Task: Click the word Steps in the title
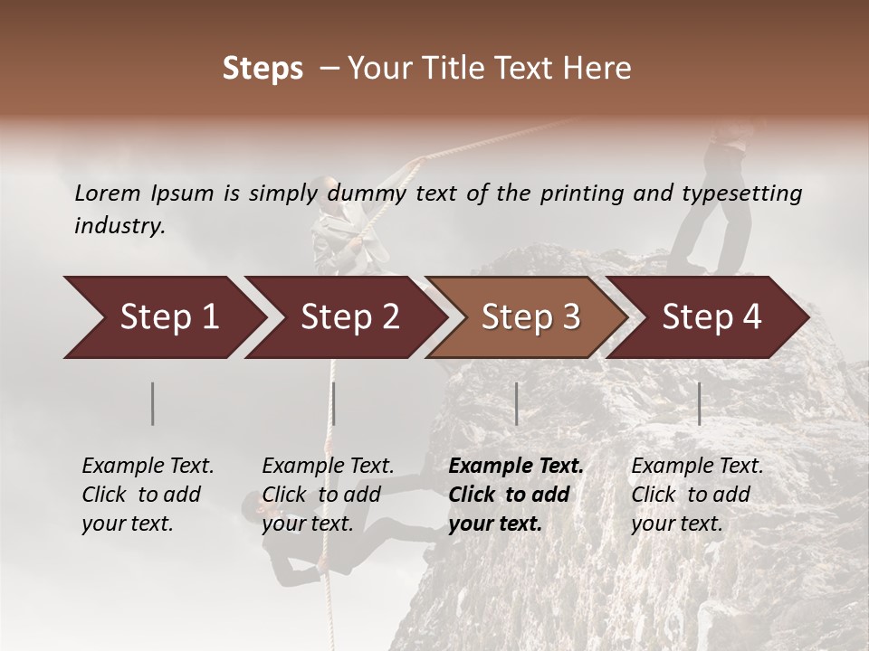(x=263, y=70)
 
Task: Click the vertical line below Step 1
(x=153, y=403)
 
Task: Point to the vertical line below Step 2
(x=334, y=403)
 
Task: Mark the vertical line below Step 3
(x=516, y=403)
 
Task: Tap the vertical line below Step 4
(x=699, y=403)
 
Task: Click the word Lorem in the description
(x=108, y=193)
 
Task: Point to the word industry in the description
(x=119, y=226)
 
